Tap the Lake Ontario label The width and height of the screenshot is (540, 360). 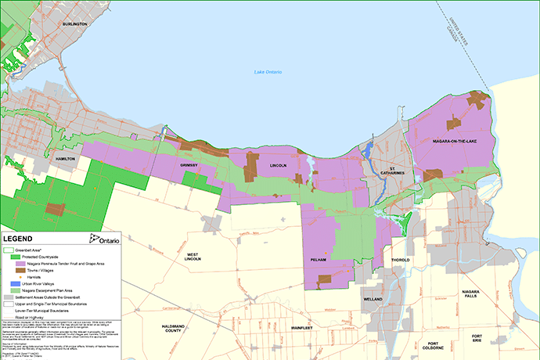tap(268, 73)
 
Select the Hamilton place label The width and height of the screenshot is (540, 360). tap(65, 158)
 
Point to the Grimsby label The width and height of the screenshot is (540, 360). tap(191, 166)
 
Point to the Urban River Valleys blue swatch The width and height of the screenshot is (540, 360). tap(9, 283)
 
